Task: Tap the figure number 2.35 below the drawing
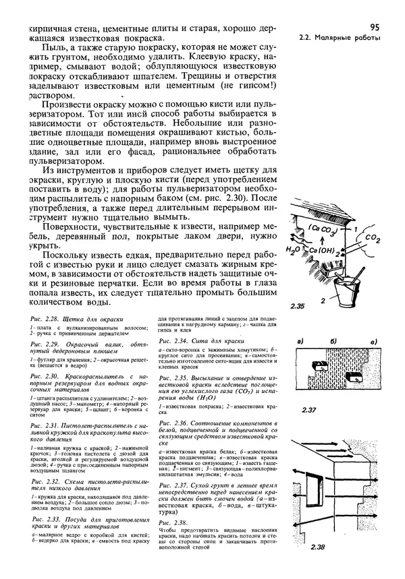click(x=298, y=307)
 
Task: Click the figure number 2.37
click(x=310, y=410)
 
